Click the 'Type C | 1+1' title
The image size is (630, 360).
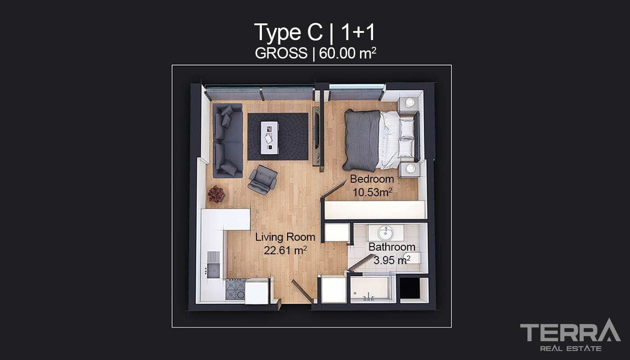tap(315, 32)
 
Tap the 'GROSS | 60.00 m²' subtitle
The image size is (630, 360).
tap(315, 53)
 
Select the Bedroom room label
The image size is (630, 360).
tap(372, 179)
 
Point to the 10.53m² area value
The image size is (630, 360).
tap(373, 193)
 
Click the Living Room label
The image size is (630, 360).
tap(285, 237)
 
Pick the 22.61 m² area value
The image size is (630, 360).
tap(285, 250)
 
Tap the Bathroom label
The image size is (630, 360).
tap(392, 247)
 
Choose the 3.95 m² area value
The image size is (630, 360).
tap(392, 260)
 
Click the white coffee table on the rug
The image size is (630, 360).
tap(270, 138)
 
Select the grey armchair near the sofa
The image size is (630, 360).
tap(262, 180)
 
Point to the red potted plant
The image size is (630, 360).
tap(216, 194)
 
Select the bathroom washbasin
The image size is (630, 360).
tap(386, 233)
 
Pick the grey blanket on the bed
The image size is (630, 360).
tap(362, 140)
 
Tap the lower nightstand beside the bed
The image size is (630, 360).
tap(409, 170)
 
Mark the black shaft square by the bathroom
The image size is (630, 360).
tap(410, 288)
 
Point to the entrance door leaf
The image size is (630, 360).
tap(302, 292)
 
